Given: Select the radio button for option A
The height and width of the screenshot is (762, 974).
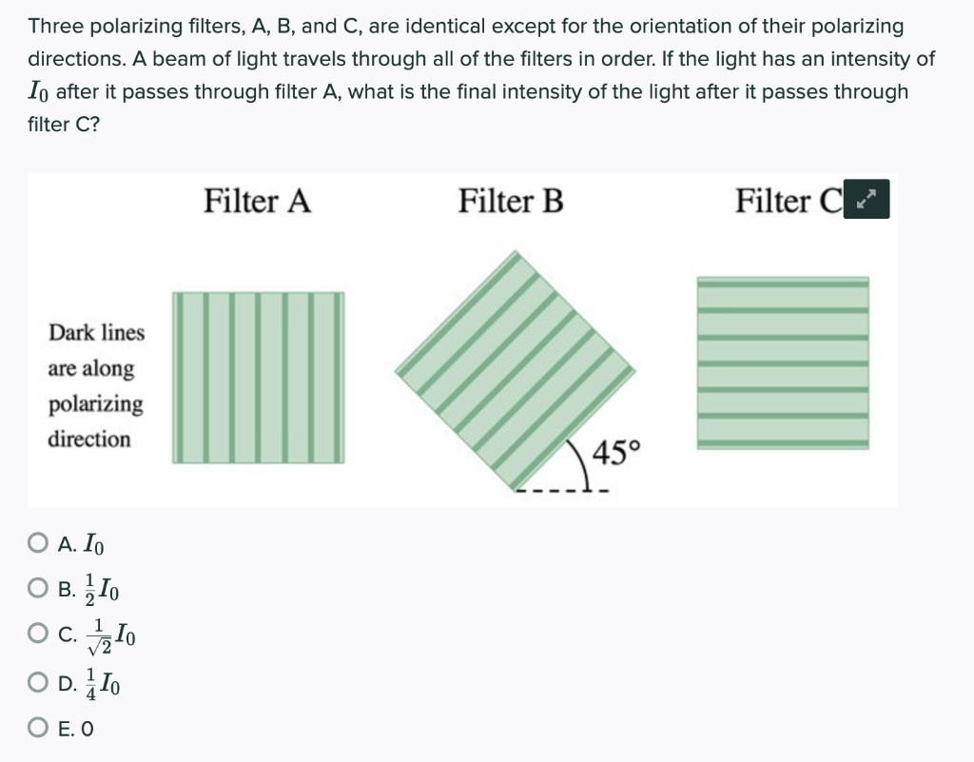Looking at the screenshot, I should click(x=38, y=545).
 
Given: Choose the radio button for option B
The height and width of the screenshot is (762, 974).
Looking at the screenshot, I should click(x=38, y=589).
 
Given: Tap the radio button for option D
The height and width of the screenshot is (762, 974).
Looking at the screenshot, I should click(x=38, y=682).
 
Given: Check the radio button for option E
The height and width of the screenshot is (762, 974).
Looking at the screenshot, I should click(x=38, y=730).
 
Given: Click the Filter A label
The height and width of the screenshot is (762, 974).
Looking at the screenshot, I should click(x=258, y=202).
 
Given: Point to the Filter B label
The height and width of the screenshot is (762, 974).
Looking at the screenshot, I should click(x=511, y=202).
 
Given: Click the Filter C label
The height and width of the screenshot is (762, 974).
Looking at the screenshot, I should click(x=789, y=202).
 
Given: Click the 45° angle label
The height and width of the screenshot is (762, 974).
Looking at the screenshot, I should click(x=617, y=451).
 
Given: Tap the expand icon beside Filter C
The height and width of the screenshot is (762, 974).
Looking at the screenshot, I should click(x=866, y=200).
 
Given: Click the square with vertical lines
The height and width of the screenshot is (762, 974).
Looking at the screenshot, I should click(x=258, y=378).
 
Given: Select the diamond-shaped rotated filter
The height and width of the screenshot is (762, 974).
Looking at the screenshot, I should click(x=515, y=370).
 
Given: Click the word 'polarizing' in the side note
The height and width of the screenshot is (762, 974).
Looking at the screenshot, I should click(x=96, y=404).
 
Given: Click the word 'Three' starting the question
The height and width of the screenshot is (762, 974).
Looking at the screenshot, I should click(x=53, y=27).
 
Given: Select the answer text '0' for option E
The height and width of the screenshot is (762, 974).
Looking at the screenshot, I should click(x=88, y=730).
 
